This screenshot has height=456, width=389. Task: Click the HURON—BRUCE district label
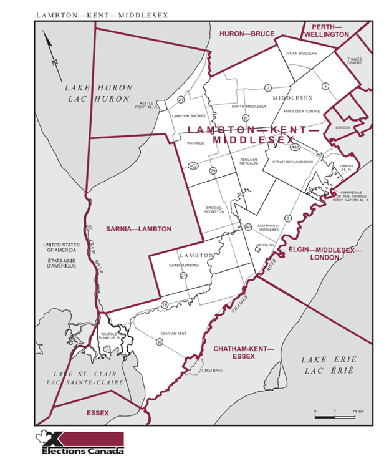pos(246,34)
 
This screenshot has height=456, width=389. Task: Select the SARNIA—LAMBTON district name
pos(138,230)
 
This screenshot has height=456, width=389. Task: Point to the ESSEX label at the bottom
pos(97,413)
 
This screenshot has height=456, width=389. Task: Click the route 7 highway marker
pos(267,88)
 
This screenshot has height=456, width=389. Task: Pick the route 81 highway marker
pos(246,118)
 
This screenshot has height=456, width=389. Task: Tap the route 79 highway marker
pos(213,170)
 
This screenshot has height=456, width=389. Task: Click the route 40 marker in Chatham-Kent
pos(160,342)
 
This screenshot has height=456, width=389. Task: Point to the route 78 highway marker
pos(164,304)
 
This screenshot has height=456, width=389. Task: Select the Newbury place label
pos(264,245)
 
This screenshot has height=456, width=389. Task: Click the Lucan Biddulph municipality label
pos(300,54)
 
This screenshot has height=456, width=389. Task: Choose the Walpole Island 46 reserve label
pos(113,336)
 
